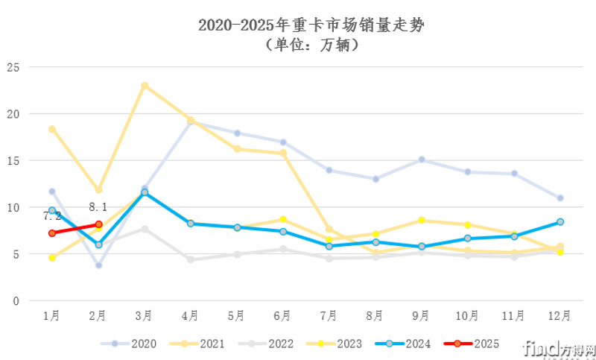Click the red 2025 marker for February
(x=98, y=224)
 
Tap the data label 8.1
(x=98, y=208)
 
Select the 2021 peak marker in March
(x=145, y=86)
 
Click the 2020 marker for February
(x=98, y=265)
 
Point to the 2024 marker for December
(x=559, y=221)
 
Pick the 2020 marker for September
(x=422, y=160)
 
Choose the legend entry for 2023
(x=338, y=344)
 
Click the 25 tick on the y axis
(x=11, y=67)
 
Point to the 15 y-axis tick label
(x=11, y=160)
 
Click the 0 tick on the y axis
(x=14, y=300)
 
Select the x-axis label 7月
(x=329, y=315)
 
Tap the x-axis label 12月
(x=559, y=315)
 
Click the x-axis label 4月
(x=191, y=315)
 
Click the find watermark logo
(x=557, y=348)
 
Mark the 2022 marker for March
(x=145, y=229)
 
